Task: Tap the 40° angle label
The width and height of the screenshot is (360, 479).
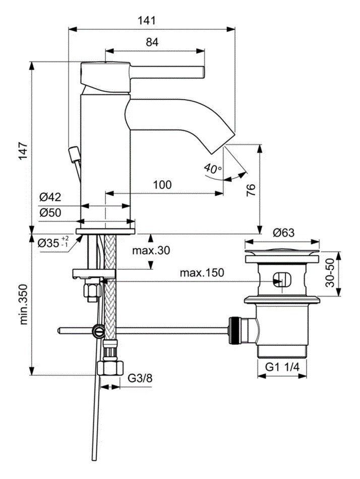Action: (x=213, y=168)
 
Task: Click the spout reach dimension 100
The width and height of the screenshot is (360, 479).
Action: (x=162, y=185)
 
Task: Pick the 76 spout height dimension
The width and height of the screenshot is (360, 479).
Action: (x=251, y=190)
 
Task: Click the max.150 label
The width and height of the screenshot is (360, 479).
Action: (x=202, y=273)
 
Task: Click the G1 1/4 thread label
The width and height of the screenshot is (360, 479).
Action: (x=282, y=367)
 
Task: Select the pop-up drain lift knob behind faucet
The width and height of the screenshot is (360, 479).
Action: (x=74, y=153)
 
